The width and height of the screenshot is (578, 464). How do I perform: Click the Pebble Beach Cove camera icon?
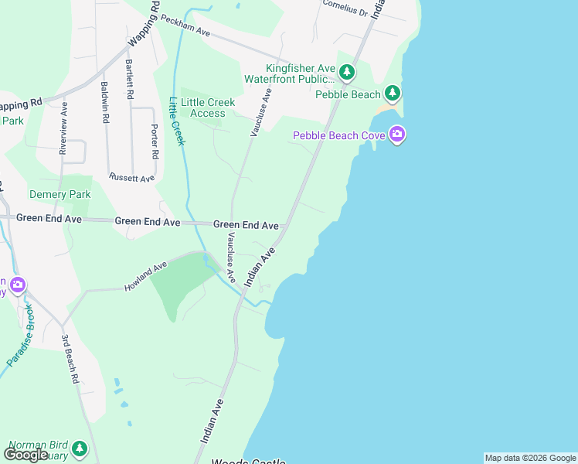pos(397,135)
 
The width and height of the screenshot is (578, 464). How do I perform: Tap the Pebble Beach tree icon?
pos(393,94)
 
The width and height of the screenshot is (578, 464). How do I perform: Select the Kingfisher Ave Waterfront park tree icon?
pos(347,73)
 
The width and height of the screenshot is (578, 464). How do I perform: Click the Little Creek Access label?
pos(208,107)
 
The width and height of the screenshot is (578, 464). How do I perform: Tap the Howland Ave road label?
pos(145,278)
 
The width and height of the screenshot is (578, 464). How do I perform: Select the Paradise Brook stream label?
pos(22,341)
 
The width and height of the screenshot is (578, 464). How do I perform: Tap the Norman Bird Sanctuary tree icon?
pos(79,448)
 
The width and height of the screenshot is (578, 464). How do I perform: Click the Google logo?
pos(25,454)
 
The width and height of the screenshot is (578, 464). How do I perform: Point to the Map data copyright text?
pos(529,458)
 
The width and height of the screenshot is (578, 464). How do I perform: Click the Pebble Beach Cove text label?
pos(337,136)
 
